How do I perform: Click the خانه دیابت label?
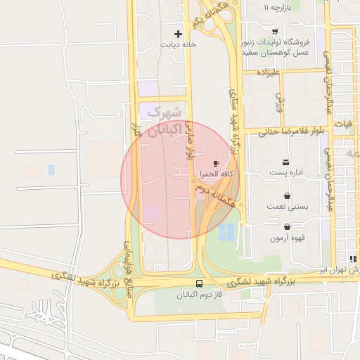(178, 44)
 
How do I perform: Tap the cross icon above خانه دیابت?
(178, 33)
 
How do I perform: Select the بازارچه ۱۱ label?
(276, 7)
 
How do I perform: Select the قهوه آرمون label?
(286, 238)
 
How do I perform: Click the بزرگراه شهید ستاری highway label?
(235, 123)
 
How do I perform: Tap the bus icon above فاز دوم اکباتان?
(199, 284)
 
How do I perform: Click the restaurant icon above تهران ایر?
(353, 259)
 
